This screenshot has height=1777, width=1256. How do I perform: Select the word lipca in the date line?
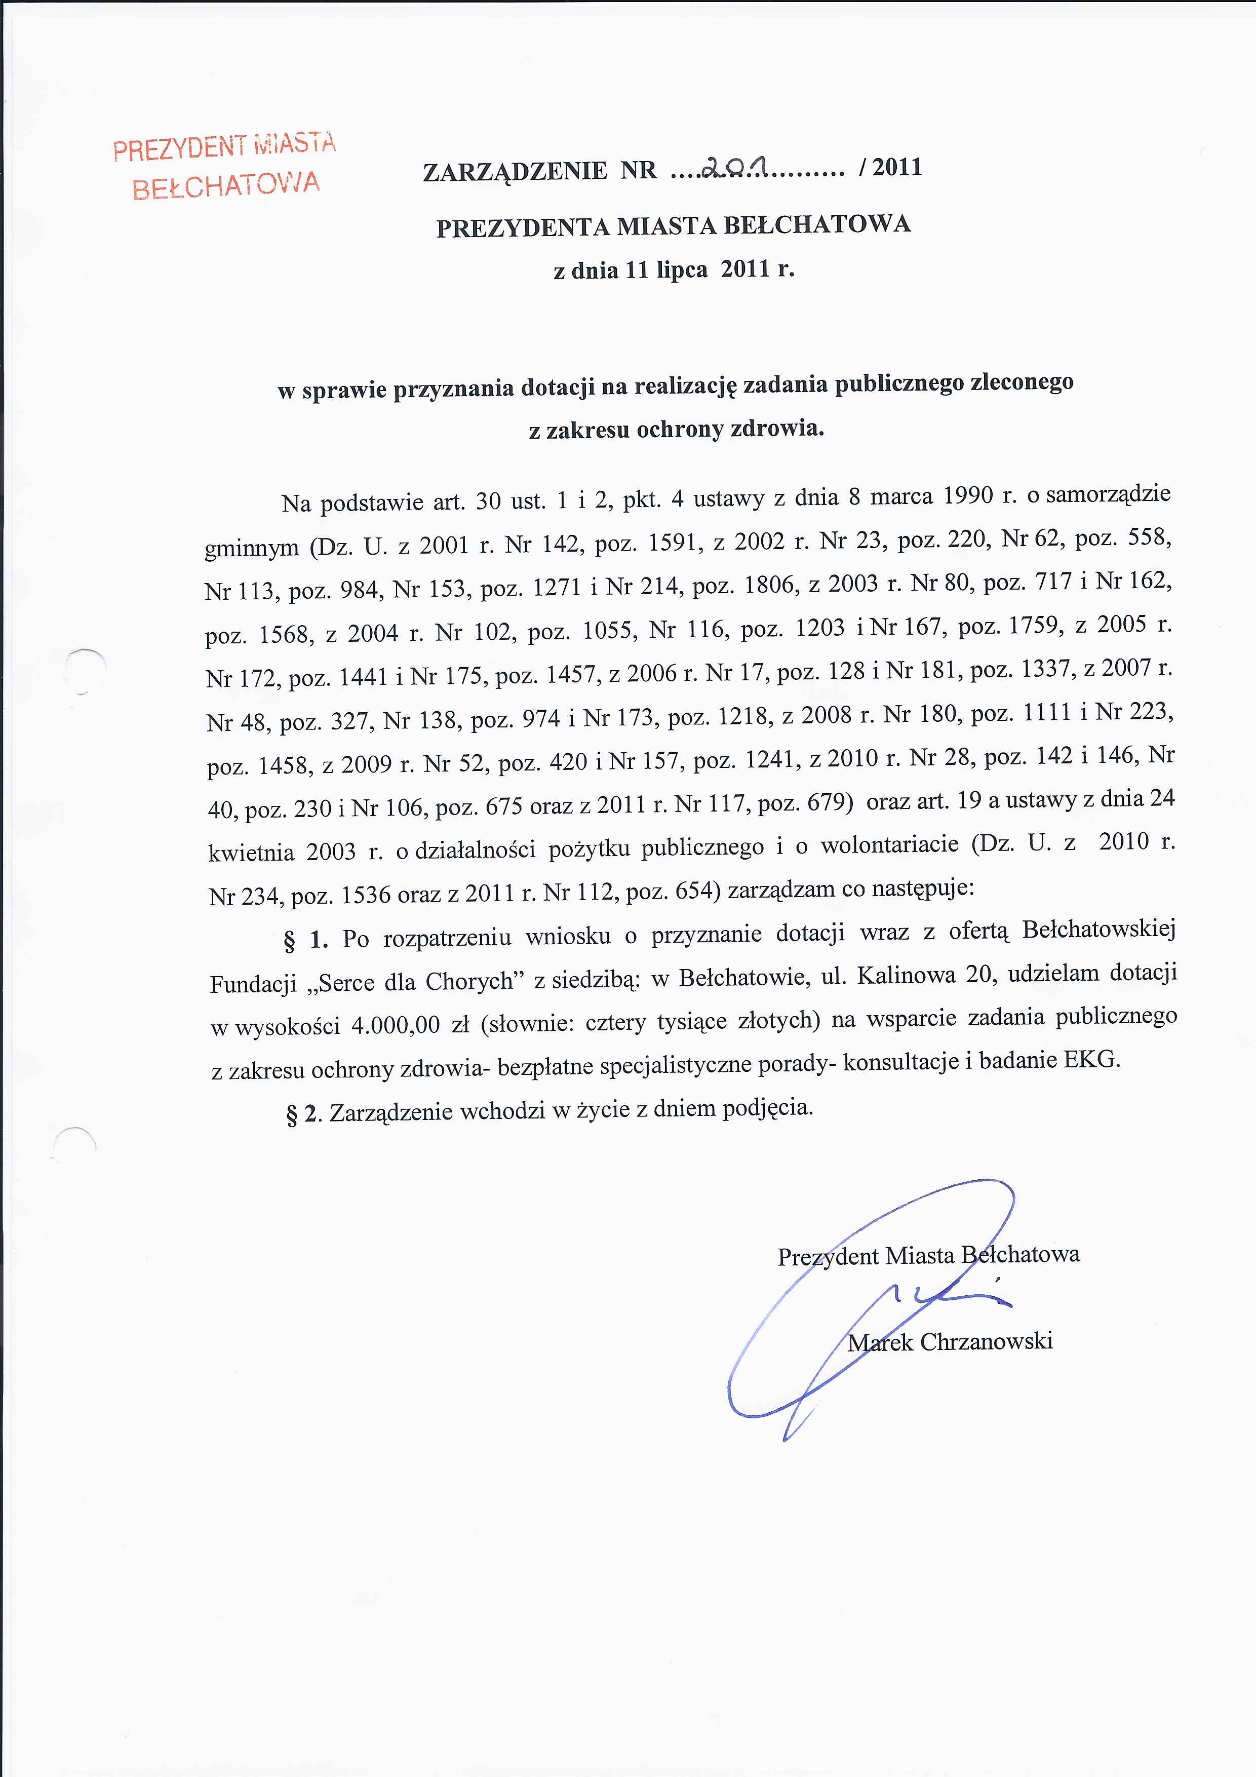click(681, 270)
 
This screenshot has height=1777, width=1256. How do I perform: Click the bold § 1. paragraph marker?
click(306, 940)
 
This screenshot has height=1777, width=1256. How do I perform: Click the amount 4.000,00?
click(395, 1026)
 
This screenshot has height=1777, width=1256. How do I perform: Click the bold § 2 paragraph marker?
click(302, 1114)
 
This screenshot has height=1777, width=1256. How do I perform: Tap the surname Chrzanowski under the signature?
click(986, 1341)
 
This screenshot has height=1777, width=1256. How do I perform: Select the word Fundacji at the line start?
click(253, 984)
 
